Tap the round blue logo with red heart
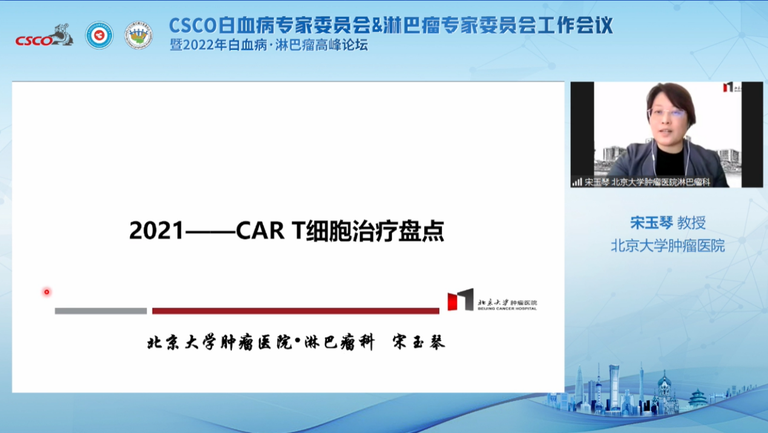tap(99, 35)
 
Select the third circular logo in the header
tap(139, 35)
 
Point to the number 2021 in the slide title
tap(156, 231)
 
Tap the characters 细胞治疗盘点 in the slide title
tap(376, 231)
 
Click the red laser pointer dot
tap(47, 292)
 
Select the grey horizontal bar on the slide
tap(100, 311)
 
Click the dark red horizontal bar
tap(295, 311)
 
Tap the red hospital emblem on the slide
tap(460, 300)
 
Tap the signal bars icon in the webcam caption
tap(577, 181)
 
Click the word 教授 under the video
tap(691, 223)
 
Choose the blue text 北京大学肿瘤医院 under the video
tap(668, 246)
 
